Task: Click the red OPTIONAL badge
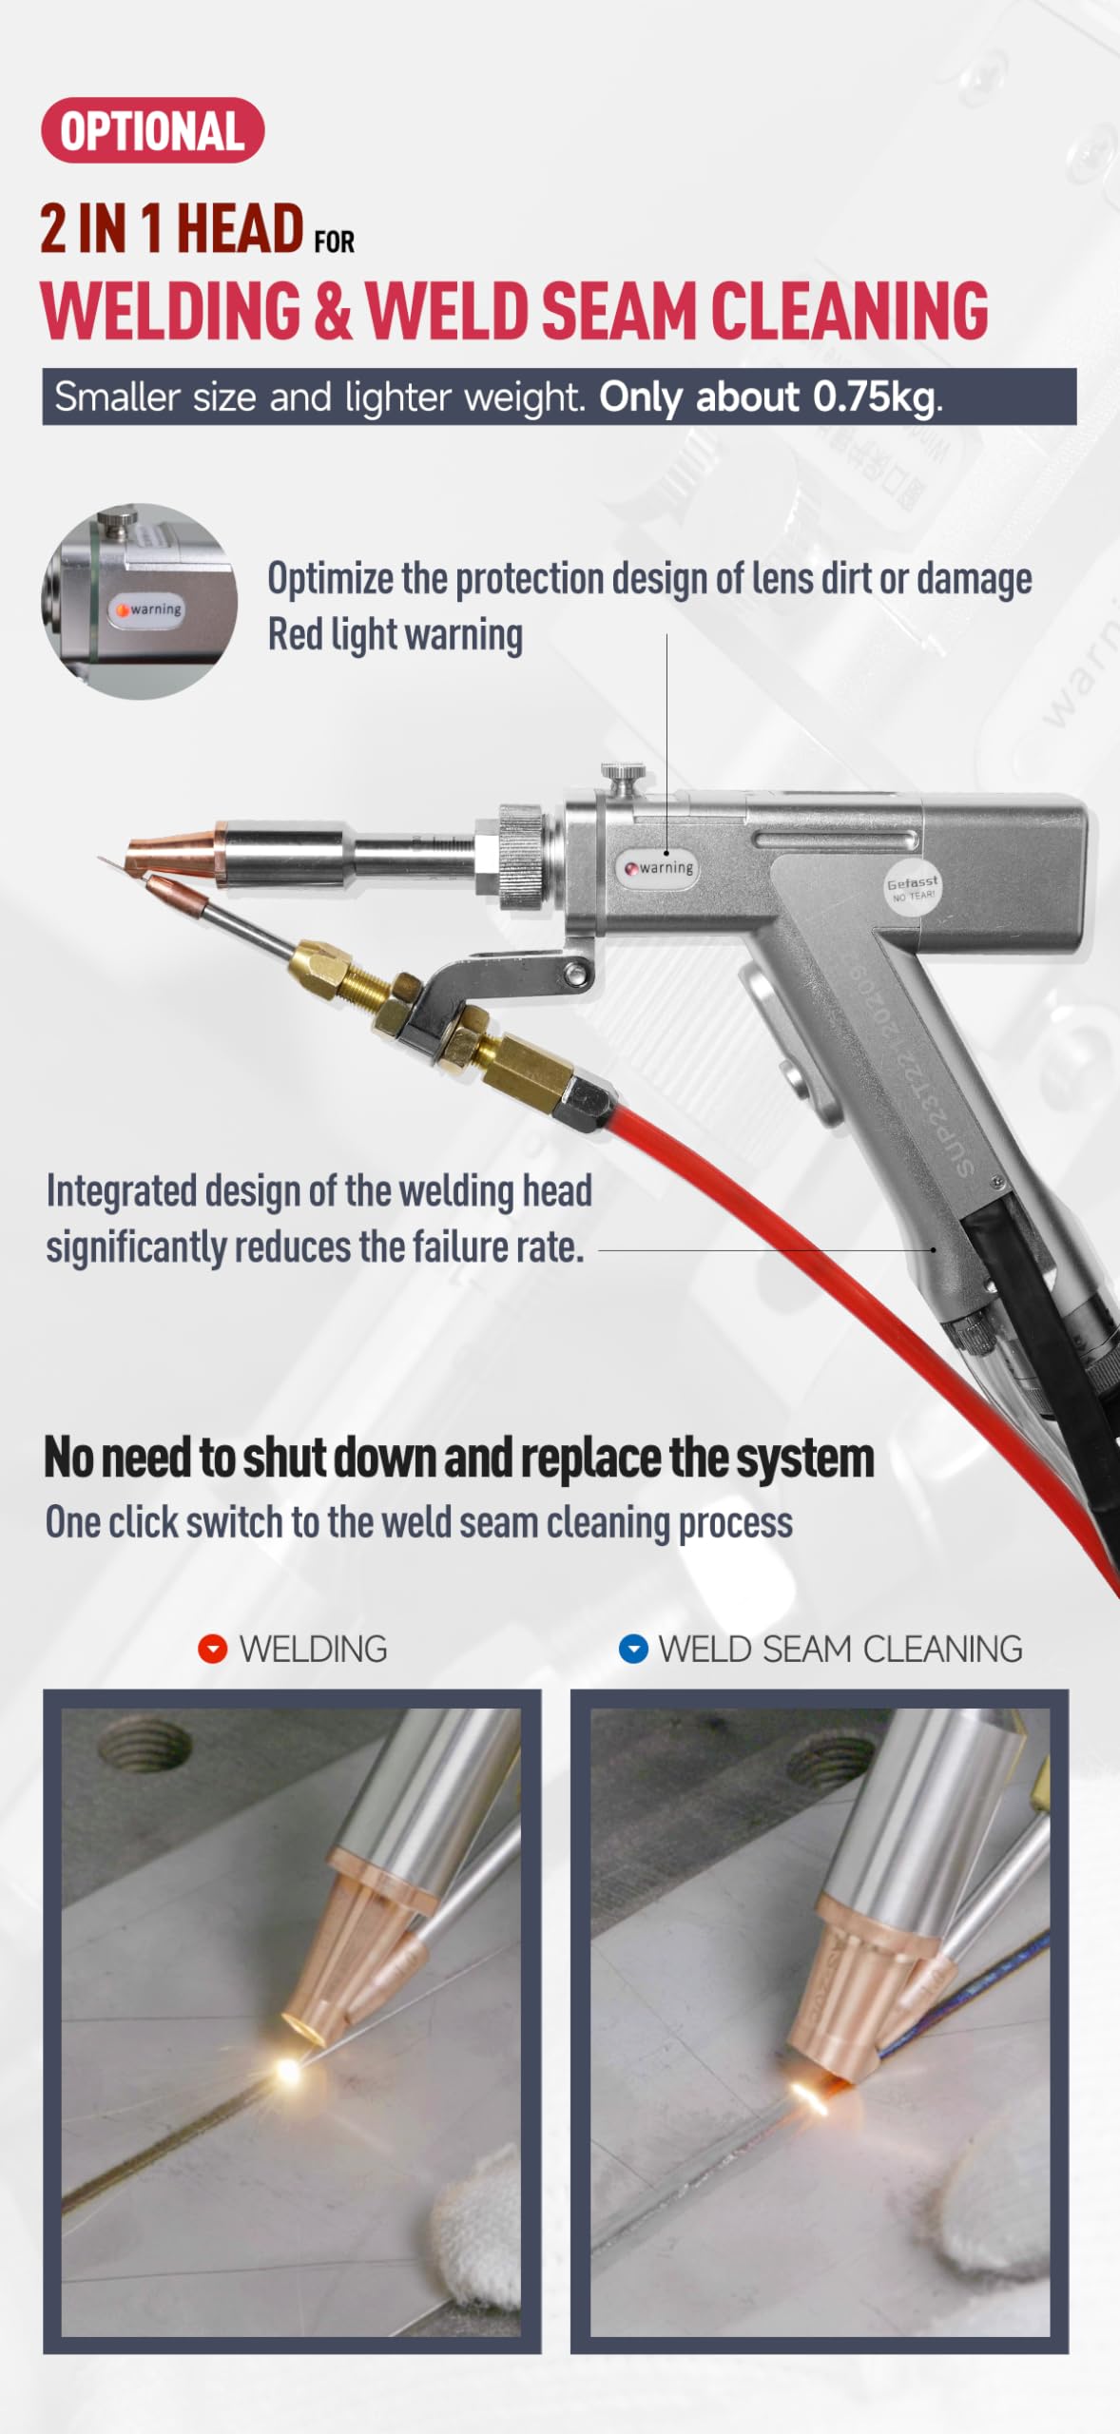pyautogui.click(x=152, y=130)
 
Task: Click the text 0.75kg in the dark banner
pyautogui.click(x=874, y=397)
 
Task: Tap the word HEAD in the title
pyautogui.click(x=240, y=229)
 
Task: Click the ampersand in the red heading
pyautogui.click(x=332, y=312)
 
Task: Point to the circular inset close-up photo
pyautogui.click(x=139, y=601)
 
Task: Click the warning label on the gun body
pyautogui.click(x=660, y=867)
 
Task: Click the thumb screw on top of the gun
pyautogui.click(x=625, y=778)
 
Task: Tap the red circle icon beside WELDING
pyautogui.click(x=212, y=1649)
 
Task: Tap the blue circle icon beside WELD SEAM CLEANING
pyautogui.click(x=633, y=1649)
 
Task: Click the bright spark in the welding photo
pyautogui.click(x=286, y=2070)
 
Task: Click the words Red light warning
pyautogui.click(x=395, y=635)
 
